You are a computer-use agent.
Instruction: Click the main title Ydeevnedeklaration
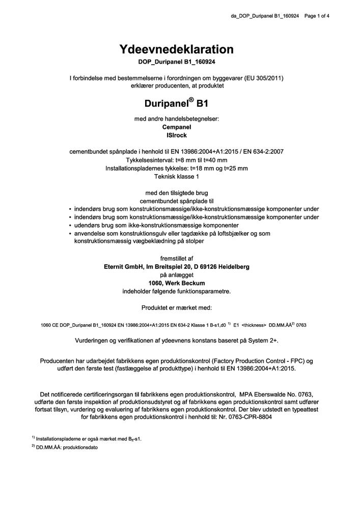coord(176,49)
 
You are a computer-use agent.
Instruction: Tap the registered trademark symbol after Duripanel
coord(191,99)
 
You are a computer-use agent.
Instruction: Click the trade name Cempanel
coord(176,127)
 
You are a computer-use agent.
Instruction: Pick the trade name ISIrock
coord(176,135)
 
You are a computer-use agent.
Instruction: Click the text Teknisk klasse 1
coord(176,176)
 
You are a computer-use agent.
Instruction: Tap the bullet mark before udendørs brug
coord(69,225)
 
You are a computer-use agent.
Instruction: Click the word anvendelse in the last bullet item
coord(91,233)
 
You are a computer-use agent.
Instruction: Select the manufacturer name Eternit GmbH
coord(123,266)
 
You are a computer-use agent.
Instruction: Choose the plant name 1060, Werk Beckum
coord(176,283)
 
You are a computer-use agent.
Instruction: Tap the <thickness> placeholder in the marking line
coord(254,324)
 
